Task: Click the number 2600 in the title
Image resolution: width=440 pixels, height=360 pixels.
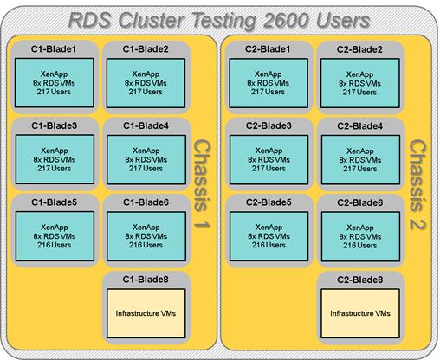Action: point(285,20)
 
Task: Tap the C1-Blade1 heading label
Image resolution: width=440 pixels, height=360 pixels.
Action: point(54,49)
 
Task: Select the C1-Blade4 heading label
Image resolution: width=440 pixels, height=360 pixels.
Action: point(146,125)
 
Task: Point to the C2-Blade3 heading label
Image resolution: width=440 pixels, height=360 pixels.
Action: point(269,125)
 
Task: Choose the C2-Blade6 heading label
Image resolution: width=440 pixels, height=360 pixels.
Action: point(360,202)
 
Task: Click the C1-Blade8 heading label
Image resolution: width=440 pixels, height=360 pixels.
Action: point(146,280)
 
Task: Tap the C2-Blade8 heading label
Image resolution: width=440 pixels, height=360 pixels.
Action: point(360,280)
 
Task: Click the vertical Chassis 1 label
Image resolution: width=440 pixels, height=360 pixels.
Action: point(202,184)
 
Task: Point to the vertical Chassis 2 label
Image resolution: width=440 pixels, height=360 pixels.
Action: point(417,184)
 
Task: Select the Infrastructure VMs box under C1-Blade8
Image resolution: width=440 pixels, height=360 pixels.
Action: point(146,313)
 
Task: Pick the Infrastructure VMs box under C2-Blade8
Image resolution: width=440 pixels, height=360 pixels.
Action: point(360,313)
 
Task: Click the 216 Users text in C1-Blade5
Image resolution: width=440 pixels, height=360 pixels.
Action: point(54,245)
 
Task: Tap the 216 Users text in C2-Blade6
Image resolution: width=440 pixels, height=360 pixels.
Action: point(360,246)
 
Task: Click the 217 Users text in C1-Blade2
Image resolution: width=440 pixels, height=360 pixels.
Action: point(146,92)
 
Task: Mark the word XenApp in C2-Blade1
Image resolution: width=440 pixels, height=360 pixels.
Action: point(269,74)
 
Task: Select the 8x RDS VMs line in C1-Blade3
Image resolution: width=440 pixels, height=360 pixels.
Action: point(55,159)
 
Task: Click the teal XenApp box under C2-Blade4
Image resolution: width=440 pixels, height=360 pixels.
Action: point(360,160)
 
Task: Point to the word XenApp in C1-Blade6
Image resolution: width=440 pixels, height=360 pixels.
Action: point(146,228)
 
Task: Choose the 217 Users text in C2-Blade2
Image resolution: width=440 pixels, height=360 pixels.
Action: point(359,93)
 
